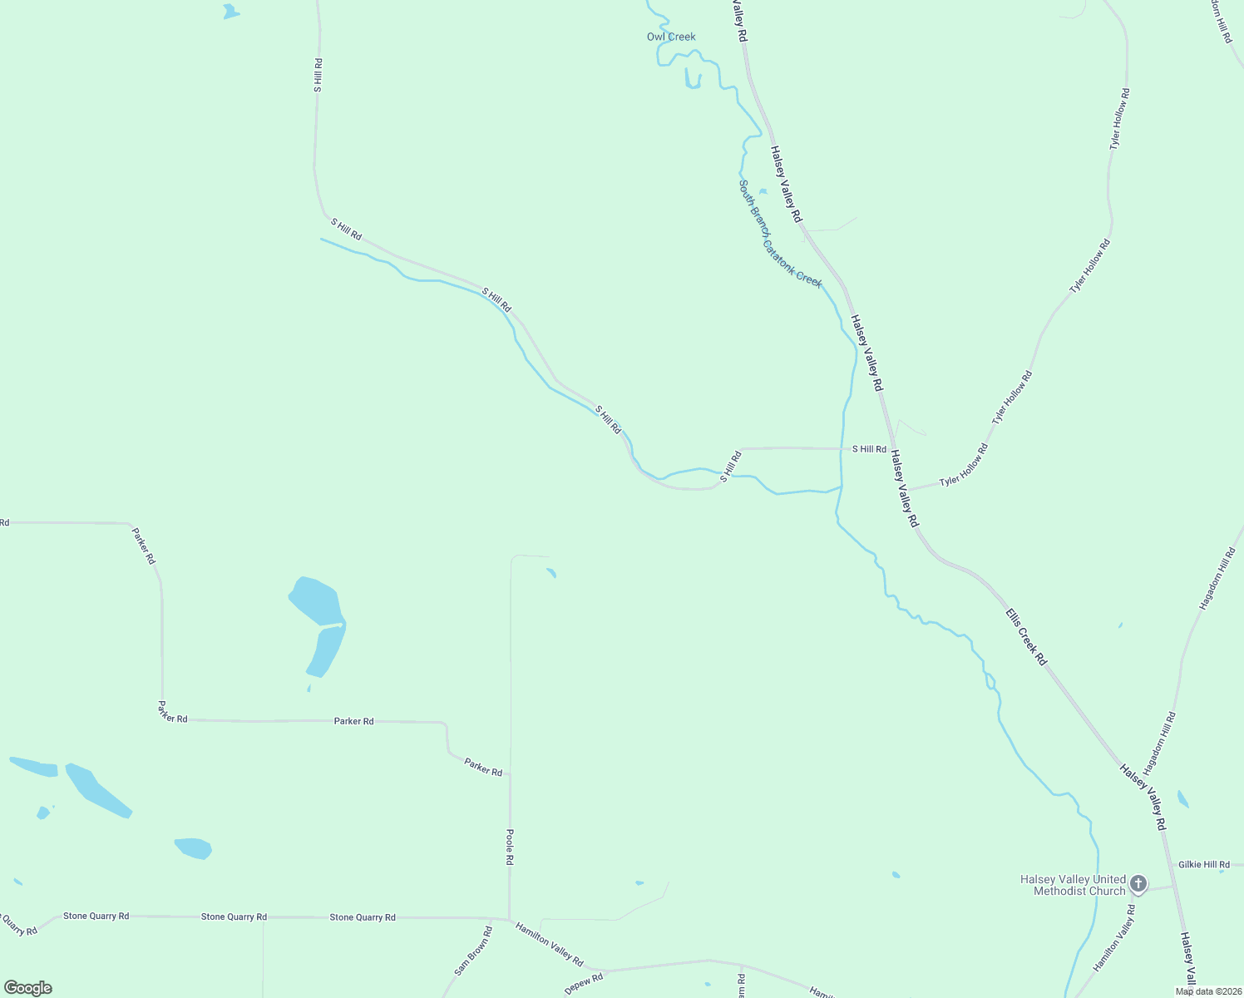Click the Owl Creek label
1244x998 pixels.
(671, 37)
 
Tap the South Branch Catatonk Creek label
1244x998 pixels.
(779, 235)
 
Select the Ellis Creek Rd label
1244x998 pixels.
(1026, 637)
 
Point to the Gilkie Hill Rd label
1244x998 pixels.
(1203, 865)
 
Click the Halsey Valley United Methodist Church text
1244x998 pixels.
(1074, 885)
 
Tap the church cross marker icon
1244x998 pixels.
(1138, 884)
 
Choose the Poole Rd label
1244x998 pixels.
(510, 847)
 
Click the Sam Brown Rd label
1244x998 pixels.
(473, 951)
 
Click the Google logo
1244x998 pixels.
(28, 988)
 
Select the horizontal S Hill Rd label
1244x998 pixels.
(869, 449)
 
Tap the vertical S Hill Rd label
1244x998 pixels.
(318, 75)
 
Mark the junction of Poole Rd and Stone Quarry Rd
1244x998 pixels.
(510, 919)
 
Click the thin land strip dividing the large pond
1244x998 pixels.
(330, 625)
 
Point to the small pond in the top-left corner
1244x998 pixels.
(230, 12)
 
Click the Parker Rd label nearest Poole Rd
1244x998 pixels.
(483, 767)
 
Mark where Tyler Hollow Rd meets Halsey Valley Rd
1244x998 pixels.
(906, 489)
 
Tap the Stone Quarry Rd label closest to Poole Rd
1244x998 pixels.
(363, 917)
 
